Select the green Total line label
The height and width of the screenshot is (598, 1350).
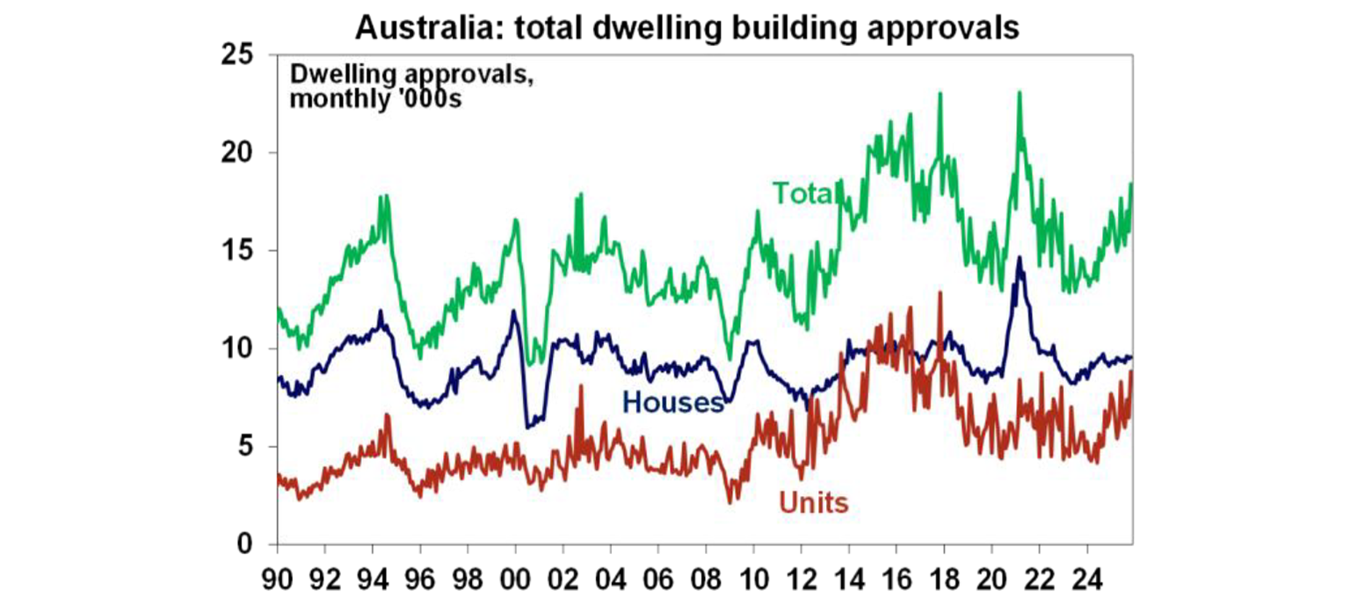[x=802, y=193]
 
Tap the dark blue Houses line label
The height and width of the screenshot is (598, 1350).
[x=672, y=403]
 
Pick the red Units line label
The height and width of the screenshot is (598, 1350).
[x=813, y=503]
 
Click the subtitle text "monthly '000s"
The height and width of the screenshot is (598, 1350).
[x=375, y=97]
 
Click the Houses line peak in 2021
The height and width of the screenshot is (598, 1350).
[x=1019, y=258]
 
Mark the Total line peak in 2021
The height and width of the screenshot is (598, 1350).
[x=1019, y=91]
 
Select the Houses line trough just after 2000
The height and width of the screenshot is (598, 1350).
[x=527, y=427]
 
